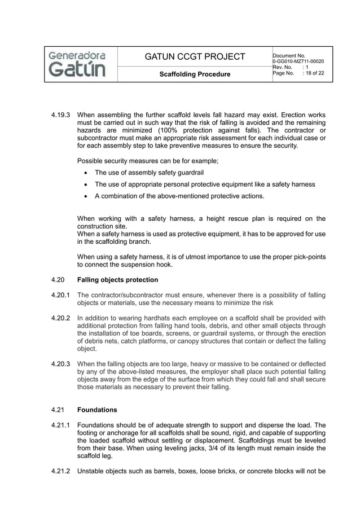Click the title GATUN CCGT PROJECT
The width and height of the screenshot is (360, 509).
pos(195,56)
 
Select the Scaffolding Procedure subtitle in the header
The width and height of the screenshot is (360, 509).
pos(195,74)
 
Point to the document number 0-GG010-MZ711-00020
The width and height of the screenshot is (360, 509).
pos(298,61)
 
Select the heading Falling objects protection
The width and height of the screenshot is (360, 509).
pos(117,280)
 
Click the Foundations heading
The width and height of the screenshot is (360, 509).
pos(97,410)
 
